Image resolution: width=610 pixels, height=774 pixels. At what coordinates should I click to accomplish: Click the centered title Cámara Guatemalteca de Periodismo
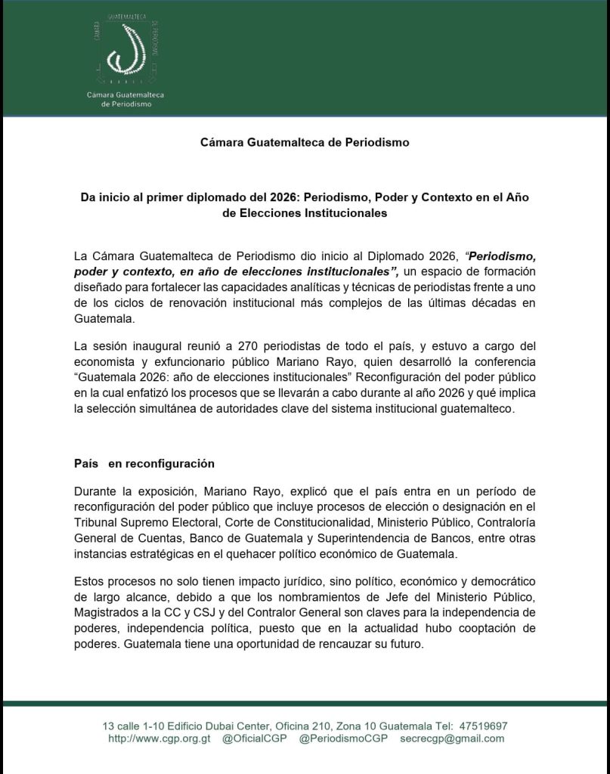[x=305, y=141]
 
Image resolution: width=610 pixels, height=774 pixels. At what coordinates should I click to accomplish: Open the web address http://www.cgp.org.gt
[x=159, y=738]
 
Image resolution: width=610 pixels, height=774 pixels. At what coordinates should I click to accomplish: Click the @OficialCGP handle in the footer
[x=255, y=738]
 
